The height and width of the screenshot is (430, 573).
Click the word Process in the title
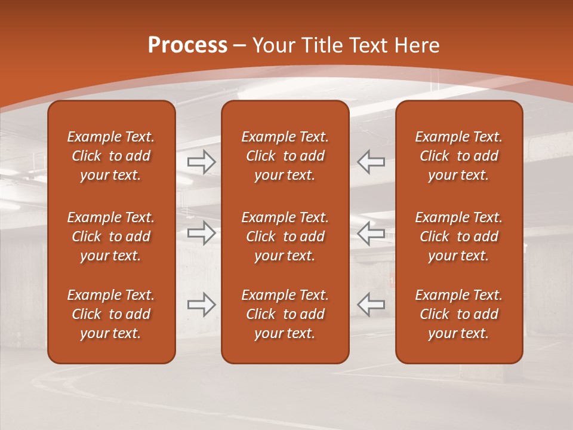point(187,45)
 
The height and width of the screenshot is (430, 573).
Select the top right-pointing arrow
point(202,162)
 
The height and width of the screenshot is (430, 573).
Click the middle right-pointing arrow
point(202,233)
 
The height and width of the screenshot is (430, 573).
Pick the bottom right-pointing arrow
point(202,305)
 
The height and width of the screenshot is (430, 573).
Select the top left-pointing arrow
point(371,162)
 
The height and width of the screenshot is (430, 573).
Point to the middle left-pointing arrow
point(371,233)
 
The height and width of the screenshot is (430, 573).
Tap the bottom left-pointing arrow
point(371,305)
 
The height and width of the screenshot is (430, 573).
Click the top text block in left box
point(111,156)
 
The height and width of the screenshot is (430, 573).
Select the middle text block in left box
point(111,236)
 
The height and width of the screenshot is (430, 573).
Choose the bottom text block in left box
point(111,314)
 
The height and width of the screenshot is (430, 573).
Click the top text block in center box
point(285,156)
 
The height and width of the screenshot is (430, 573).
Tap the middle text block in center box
point(285,236)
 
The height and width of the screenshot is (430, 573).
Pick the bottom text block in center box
point(285,314)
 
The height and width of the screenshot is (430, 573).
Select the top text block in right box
point(459,156)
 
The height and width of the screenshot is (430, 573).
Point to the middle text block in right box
point(459,236)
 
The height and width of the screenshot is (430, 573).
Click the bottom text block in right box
point(459,314)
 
